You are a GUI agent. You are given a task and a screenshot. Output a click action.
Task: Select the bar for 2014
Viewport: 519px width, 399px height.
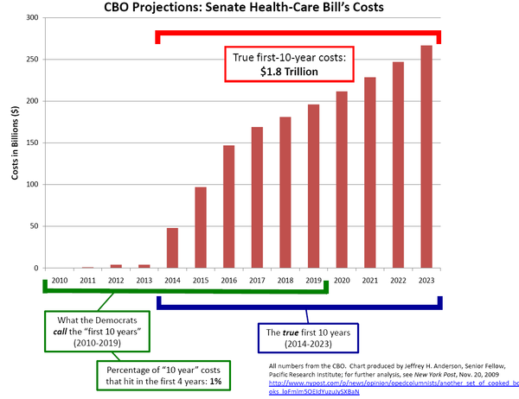(x=172, y=248)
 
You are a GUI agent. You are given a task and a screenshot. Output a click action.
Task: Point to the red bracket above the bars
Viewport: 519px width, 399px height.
(x=298, y=35)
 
